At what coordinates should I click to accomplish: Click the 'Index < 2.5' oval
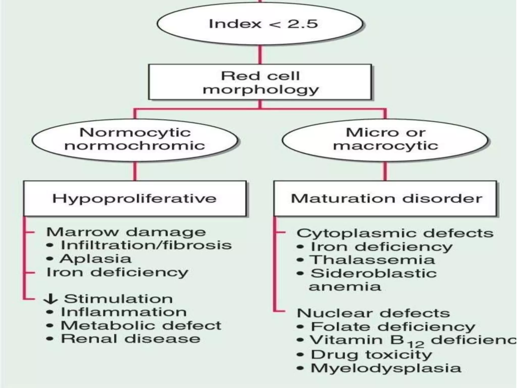click(x=260, y=24)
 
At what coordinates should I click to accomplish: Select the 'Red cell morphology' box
click(x=260, y=82)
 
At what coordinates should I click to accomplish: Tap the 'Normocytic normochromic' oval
click(x=135, y=139)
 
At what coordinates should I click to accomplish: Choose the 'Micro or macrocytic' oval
click(x=385, y=139)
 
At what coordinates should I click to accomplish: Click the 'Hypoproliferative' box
click(x=135, y=199)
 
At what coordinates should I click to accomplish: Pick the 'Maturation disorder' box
click(x=386, y=199)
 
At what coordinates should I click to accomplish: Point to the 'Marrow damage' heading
click(x=126, y=232)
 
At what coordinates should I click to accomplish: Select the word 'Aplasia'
click(x=96, y=259)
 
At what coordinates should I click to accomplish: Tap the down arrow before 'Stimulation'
click(x=50, y=299)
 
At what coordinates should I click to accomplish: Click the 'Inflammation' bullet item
click(x=124, y=312)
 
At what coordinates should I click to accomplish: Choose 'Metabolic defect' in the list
click(x=141, y=326)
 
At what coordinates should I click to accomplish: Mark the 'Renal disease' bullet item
click(x=131, y=339)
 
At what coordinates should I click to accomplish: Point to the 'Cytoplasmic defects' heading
click(x=395, y=233)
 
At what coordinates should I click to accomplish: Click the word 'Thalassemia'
click(x=372, y=260)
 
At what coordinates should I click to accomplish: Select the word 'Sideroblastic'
click(x=374, y=273)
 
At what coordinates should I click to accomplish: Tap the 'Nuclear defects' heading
click(x=373, y=313)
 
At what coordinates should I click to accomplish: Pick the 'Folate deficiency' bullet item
click(x=393, y=327)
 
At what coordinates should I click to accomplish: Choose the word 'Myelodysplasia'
click(x=386, y=368)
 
